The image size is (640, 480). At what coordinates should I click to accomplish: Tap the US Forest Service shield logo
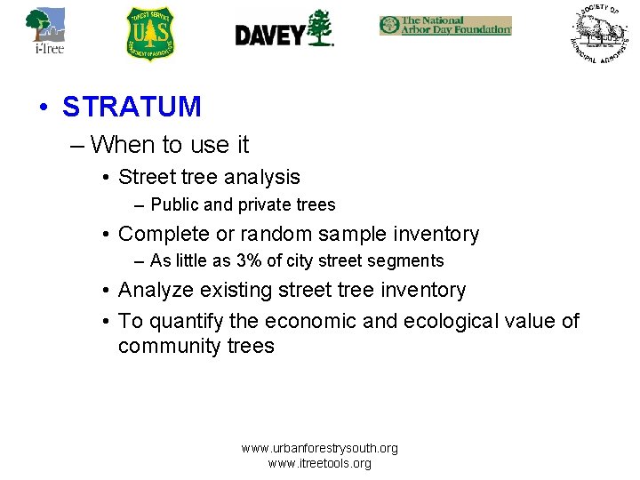click(150, 34)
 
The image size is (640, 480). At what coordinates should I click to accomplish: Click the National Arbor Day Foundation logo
click(445, 25)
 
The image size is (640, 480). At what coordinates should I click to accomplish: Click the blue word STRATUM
click(132, 107)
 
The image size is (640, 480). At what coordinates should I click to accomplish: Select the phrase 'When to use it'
click(170, 144)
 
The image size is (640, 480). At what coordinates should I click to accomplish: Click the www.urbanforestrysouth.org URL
click(320, 448)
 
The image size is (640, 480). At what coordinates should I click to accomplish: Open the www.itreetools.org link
click(320, 463)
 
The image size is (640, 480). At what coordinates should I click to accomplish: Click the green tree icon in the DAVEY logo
click(320, 28)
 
